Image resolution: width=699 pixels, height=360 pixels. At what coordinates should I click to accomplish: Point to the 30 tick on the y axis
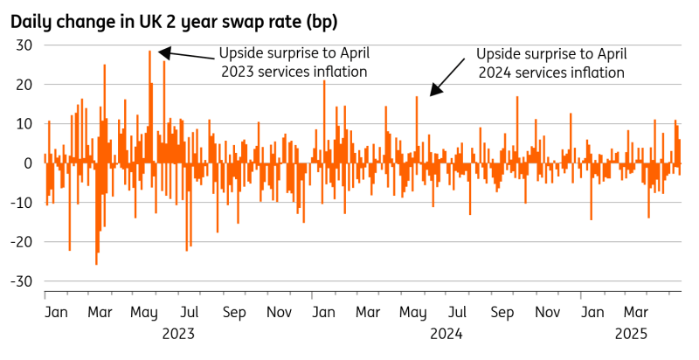[x=23, y=45]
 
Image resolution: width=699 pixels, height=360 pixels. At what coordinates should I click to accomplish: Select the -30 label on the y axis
[x=21, y=281]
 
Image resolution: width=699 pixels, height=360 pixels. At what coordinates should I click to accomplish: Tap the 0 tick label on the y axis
[x=27, y=163]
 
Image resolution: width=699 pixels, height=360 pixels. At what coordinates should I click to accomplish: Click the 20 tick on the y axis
[x=23, y=85]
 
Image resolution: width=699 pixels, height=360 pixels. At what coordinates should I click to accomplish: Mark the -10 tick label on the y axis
[x=21, y=203]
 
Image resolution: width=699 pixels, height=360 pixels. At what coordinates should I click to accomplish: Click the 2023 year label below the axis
[x=178, y=333]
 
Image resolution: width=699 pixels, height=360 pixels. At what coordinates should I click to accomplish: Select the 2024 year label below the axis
[x=446, y=333]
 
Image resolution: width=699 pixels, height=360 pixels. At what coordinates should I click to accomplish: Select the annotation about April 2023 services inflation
[x=293, y=61]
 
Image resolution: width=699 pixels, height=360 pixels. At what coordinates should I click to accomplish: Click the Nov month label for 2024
[x=548, y=312]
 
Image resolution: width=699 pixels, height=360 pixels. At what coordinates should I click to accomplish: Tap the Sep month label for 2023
[x=234, y=312]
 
